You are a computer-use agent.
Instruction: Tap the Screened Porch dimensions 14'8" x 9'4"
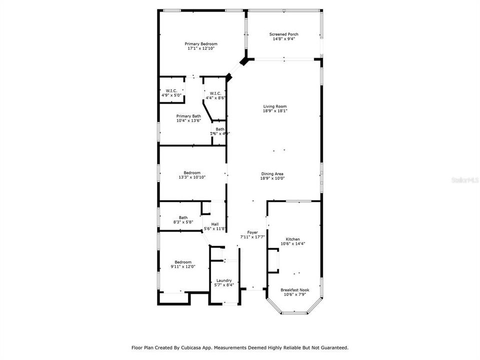pos(283,39)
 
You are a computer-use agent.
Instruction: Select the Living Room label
pos(275,106)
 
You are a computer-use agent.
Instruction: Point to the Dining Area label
pos(272,173)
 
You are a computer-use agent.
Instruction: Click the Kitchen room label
pos(292,239)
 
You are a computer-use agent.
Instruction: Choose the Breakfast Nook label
pos(294,290)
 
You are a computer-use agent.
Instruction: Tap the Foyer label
pos(252,233)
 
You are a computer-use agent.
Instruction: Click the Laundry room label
pos(223,280)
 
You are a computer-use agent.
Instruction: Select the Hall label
pos(214,224)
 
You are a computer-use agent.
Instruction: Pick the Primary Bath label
pos(188,116)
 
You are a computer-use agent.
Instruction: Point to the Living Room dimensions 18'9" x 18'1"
pos(275,110)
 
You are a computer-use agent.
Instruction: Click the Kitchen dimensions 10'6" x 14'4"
pos(292,243)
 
